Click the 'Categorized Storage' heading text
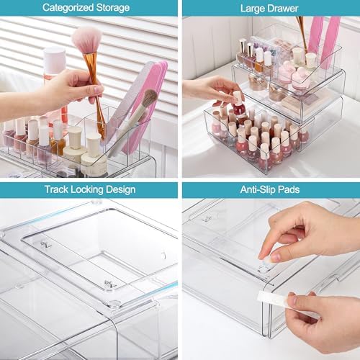tap(86, 8)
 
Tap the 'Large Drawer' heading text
tap(270, 8)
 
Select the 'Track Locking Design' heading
tap(89, 190)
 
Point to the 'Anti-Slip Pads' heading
tap(269, 190)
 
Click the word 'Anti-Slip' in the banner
tap(257, 190)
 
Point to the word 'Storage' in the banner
tap(112, 8)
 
